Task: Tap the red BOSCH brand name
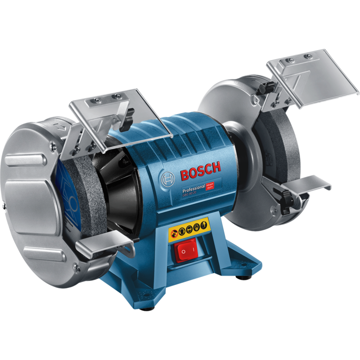point(201,171)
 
